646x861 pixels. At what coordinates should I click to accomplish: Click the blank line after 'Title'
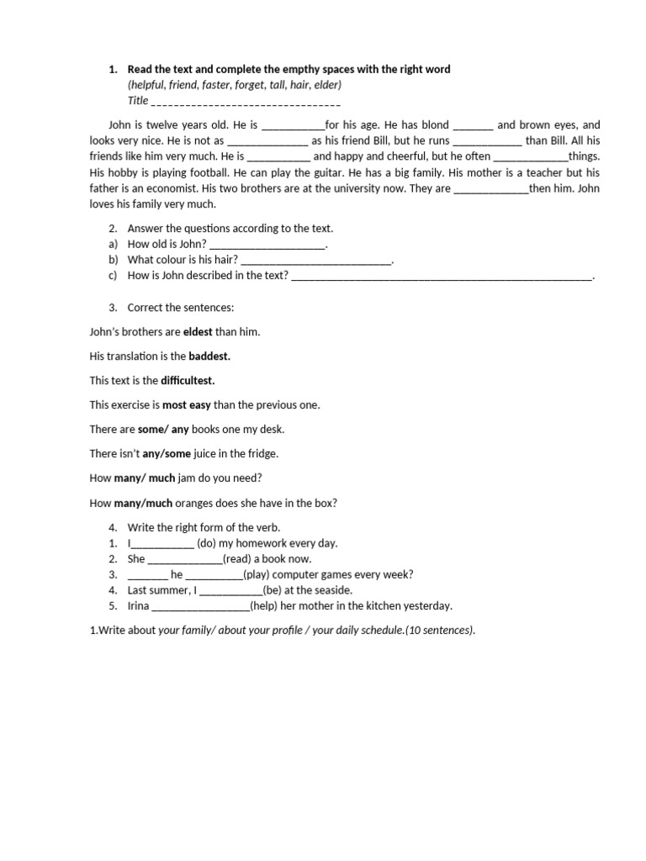coord(246,101)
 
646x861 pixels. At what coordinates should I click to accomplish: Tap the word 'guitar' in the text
coord(316,172)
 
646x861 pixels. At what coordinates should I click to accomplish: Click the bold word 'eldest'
coord(198,331)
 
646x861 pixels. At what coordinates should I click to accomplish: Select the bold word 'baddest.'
coord(209,356)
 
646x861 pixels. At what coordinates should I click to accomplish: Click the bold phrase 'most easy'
coord(187,404)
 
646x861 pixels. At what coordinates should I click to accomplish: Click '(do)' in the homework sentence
coord(209,543)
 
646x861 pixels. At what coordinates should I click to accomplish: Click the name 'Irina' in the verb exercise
coord(139,605)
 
